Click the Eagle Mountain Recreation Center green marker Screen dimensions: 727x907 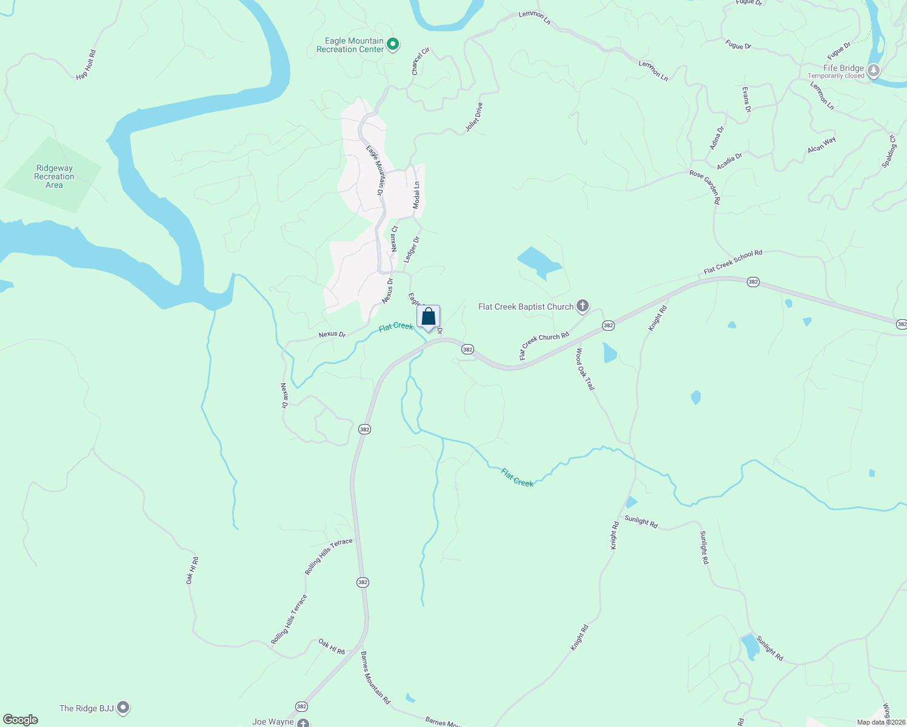click(x=393, y=44)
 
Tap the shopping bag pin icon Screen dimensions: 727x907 click(x=428, y=317)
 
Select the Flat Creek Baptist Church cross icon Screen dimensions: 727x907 click(x=583, y=305)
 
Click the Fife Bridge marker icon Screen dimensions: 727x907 click(x=874, y=71)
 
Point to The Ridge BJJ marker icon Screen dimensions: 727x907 click(x=123, y=707)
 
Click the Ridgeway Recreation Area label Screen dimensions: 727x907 click(x=54, y=177)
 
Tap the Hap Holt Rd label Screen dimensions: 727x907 click(x=86, y=65)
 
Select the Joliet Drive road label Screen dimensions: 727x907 click(x=474, y=117)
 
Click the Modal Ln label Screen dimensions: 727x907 click(x=417, y=196)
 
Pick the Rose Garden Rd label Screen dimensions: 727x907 click(x=705, y=187)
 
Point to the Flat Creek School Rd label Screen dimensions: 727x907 click(x=732, y=262)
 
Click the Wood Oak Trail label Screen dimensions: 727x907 click(x=585, y=369)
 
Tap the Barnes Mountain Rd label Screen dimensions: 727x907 click(x=375, y=677)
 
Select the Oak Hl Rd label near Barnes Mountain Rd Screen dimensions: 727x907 click(x=332, y=646)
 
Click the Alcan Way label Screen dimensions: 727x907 click(x=822, y=145)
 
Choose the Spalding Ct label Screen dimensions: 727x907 click(x=889, y=151)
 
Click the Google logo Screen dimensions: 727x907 click(x=21, y=720)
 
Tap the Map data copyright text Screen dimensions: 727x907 click(x=880, y=722)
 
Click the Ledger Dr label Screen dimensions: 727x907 click(x=412, y=250)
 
